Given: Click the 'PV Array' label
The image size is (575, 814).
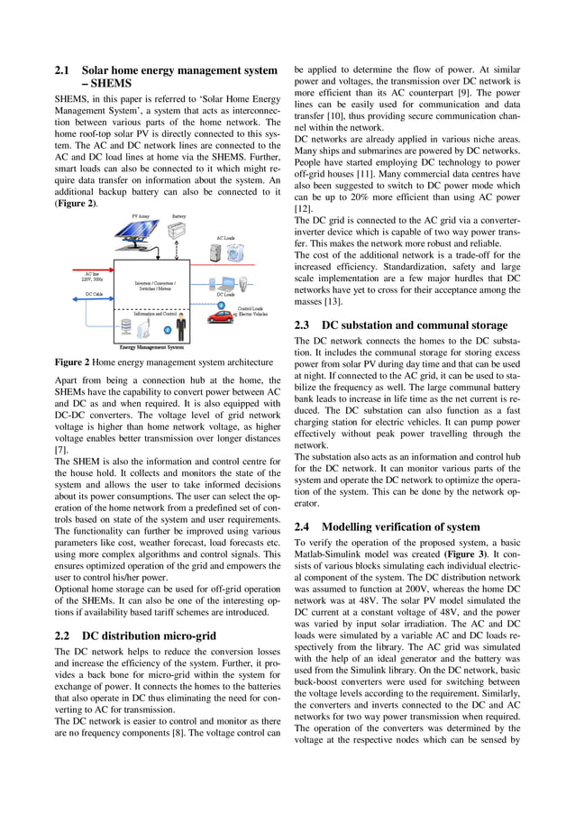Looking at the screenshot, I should (x=141, y=216).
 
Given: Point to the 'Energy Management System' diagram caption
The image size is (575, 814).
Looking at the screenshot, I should (x=151, y=346).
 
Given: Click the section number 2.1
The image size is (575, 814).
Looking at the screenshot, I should (x=63, y=70).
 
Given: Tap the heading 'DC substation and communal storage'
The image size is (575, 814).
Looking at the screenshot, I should (x=415, y=325).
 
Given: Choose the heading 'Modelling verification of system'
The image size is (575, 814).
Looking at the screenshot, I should (x=401, y=526).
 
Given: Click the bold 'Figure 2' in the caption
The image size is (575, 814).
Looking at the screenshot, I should (x=72, y=361).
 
